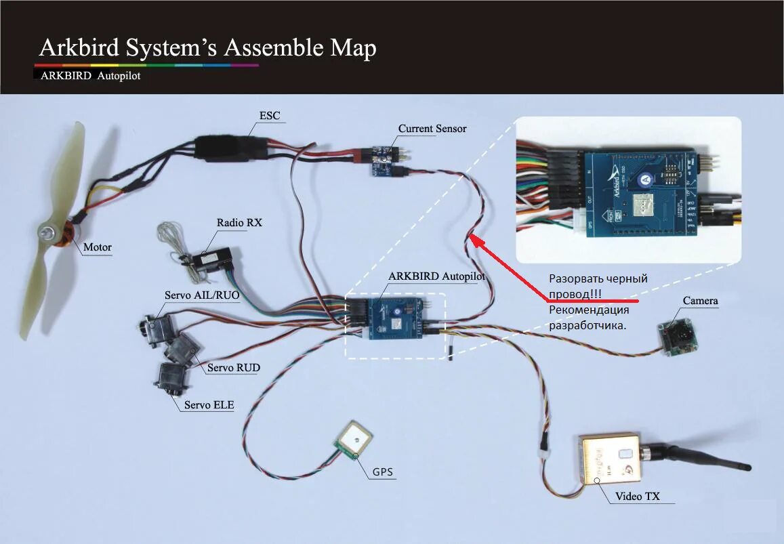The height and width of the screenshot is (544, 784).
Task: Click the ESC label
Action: click(x=269, y=115)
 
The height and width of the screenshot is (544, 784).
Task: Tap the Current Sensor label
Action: click(x=432, y=128)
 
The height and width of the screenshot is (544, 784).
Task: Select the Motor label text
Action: click(x=97, y=247)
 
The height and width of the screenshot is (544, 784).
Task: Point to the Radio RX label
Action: click(x=239, y=222)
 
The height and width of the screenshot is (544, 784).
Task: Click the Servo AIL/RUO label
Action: click(x=201, y=295)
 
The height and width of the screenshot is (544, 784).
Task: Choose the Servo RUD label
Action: click(x=233, y=368)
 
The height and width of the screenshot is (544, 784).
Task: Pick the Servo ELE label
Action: click(x=209, y=405)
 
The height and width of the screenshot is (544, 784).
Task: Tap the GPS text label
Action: click(x=382, y=472)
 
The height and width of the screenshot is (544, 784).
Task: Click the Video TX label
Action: click(x=637, y=497)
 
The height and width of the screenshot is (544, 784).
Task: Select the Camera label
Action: click(x=700, y=300)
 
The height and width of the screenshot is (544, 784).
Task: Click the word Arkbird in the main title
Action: click(x=79, y=47)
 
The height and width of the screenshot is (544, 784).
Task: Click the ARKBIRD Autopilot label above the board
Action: click(x=436, y=276)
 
